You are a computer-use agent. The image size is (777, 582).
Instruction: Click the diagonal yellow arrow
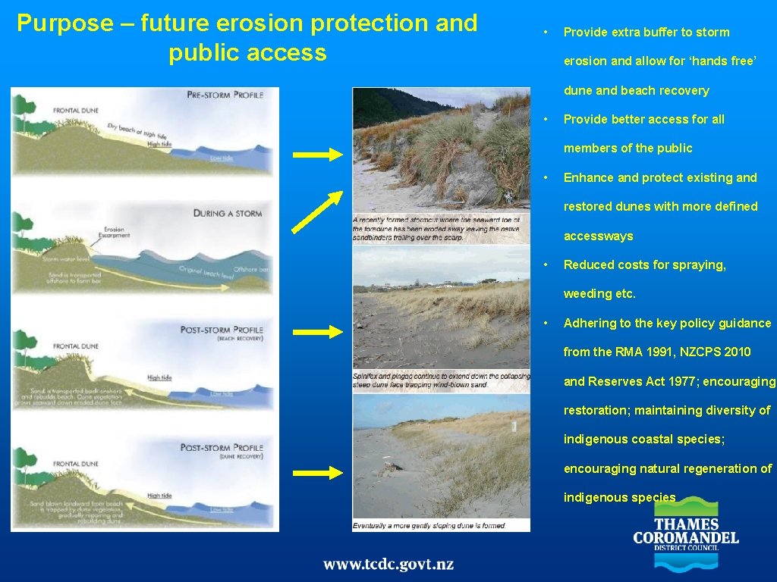pyautogui.click(x=318, y=211)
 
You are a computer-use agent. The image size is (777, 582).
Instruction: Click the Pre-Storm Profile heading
pyautogui.click(x=225, y=95)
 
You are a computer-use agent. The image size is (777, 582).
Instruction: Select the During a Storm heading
pyautogui.click(x=228, y=214)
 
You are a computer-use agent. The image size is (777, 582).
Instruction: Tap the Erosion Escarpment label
pyautogui.click(x=113, y=232)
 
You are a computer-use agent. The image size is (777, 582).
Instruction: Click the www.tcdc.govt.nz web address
pyautogui.click(x=388, y=565)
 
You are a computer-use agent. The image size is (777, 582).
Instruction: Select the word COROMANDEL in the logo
pyautogui.click(x=686, y=540)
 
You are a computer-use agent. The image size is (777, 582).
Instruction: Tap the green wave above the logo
pyautogui.click(x=686, y=506)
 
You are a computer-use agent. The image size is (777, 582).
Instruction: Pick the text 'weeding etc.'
pyautogui.click(x=599, y=293)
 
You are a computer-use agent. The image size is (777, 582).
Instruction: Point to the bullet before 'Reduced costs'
pyautogui.click(x=546, y=264)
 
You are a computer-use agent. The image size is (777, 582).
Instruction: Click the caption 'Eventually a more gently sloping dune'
pyautogui.click(x=429, y=525)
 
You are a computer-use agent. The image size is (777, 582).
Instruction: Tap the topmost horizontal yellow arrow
pyautogui.click(x=318, y=155)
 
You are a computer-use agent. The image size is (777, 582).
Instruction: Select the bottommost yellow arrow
pyautogui.click(x=318, y=473)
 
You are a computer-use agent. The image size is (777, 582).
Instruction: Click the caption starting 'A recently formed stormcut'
pyautogui.click(x=441, y=228)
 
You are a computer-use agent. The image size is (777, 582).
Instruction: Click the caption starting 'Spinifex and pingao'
pyautogui.click(x=441, y=381)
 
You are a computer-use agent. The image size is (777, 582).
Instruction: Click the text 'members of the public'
pyautogui.click(x=628, y=148)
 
